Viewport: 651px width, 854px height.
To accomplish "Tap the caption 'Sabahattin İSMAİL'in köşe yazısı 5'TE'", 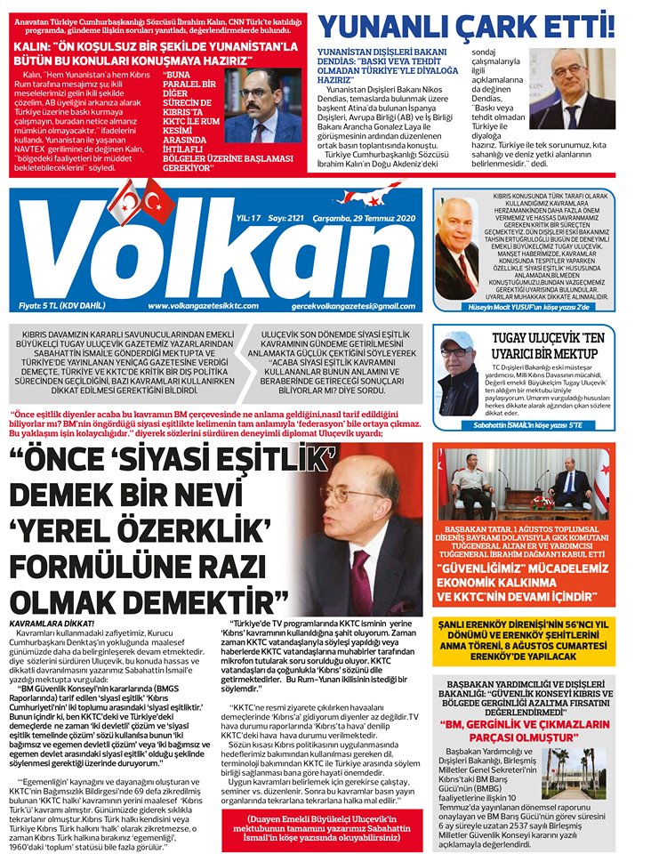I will [533, 425].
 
